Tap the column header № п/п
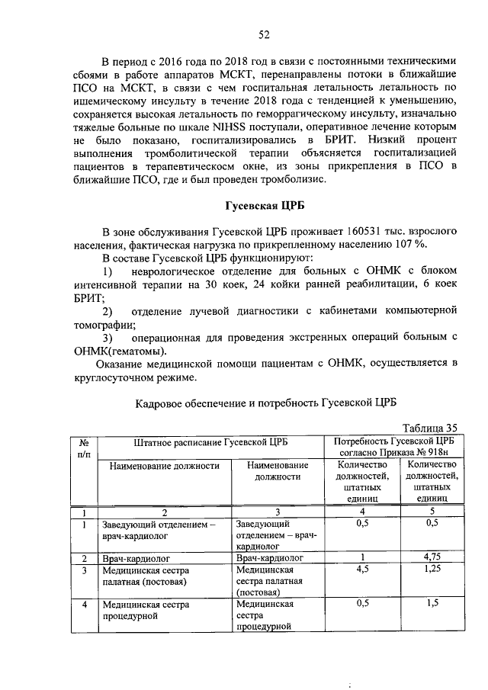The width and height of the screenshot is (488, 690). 83,448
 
